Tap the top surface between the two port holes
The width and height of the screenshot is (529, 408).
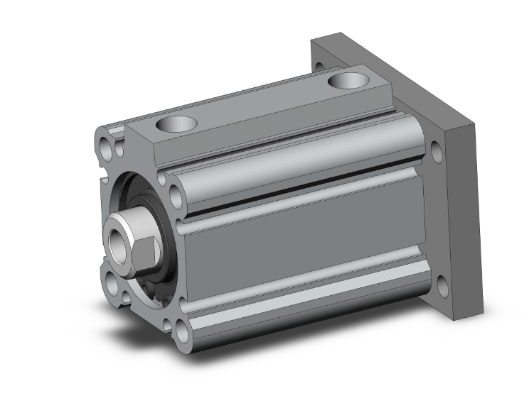tap(263, 103)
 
